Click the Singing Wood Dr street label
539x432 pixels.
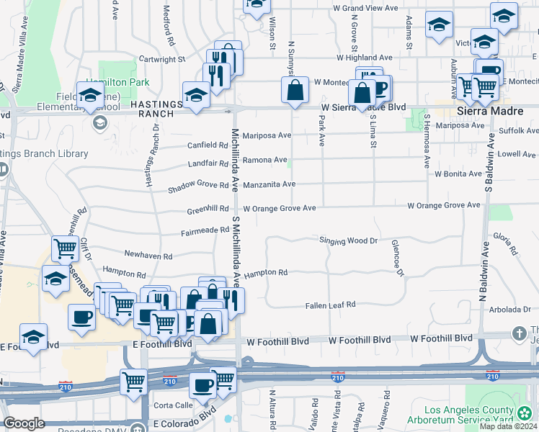(349, 240)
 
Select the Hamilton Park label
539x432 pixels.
(118, 83)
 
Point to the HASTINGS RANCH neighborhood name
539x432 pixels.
(153, 109)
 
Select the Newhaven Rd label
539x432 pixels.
(148, 256)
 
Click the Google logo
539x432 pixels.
(24, 423)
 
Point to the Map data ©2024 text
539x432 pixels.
(508, 426)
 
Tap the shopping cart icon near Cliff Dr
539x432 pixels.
(65, 249)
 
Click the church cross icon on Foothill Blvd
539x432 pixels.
(519, 333)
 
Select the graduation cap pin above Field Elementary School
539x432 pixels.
(90, 96)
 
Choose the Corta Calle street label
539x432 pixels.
(173, 405)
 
